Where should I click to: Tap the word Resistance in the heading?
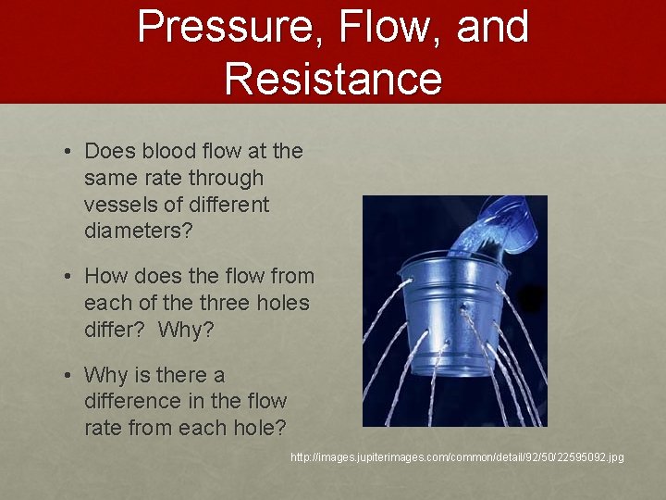tap(333, 78)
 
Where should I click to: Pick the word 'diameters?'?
tap(139, 231)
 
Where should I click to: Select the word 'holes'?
tap(283, 303)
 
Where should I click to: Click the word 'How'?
tap(106, 277)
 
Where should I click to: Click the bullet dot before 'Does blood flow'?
tap(69, 152)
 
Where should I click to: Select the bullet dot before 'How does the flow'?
tap(69, 277)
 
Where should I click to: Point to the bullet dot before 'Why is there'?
tap(69, 376)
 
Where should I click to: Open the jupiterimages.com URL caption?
tap(457, 457)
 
